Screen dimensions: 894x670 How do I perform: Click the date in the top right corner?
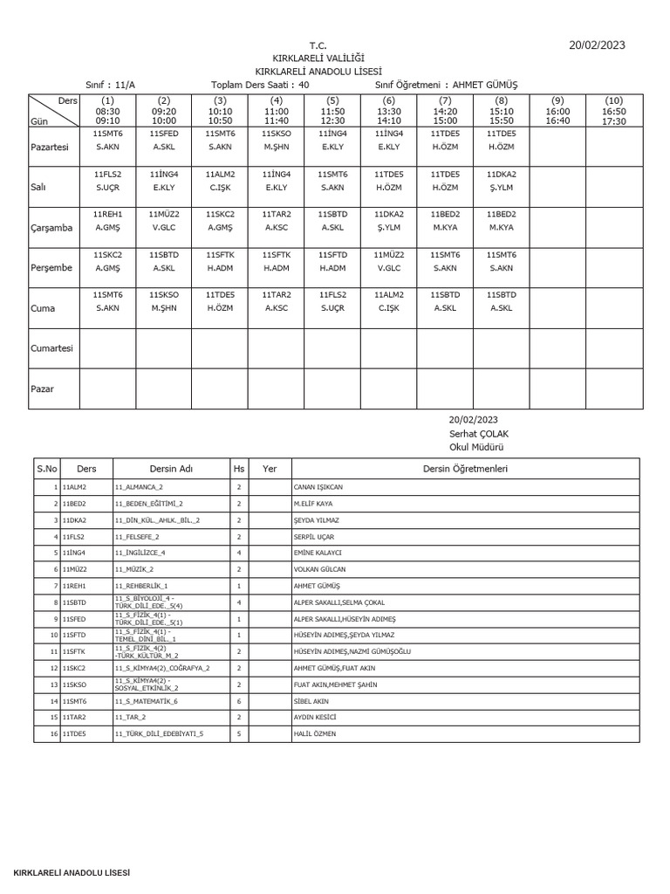(597, 45)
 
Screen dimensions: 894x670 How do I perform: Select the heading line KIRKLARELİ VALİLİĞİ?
(318, 57)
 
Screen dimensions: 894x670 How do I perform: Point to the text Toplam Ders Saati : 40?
(260, 85)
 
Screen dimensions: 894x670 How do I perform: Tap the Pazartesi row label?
(50, 148)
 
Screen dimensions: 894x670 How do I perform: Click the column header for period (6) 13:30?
(388, 112)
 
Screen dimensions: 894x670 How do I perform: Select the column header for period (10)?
(614, 112)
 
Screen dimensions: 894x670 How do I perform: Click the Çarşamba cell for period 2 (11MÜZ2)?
(163, 221)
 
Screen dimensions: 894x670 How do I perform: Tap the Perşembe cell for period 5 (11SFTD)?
(332, 261)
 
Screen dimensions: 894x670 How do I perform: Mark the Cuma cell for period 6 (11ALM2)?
(388, 301)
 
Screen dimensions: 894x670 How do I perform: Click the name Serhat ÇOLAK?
(478, 434)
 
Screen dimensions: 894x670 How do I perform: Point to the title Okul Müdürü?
(476, 447)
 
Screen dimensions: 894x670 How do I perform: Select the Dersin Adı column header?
(171, 469)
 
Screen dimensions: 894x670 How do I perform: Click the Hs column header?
(239, 469)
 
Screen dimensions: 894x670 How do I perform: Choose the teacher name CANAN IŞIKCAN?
(318, 487)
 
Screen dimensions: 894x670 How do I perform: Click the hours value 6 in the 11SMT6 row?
(238, 701)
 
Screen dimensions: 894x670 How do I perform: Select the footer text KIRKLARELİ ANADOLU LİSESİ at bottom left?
(72, 873)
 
